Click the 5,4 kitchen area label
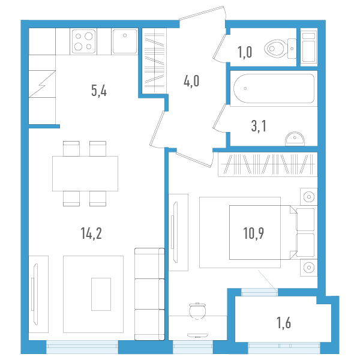pyautogui.click(x=99, y=91)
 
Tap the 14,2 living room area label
pyautogui.click(x=91, y=233)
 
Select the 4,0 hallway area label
pyautogui.click(x=191, y=81)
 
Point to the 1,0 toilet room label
pyautogui.click(x=245, y=52)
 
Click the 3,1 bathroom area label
pyautogui.click(x=259, y=126)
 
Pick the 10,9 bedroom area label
pyautogui.click(x=253, y=233)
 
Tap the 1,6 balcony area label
pyautogui.click(x=284, y=323)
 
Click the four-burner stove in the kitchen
pyautogui.click(x=83, y=41)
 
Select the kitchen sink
pyautogui.click(x=125, y=41)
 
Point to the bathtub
pyautogui.click(x=274, y=88)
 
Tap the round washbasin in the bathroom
pyautogui.click(x=295, y=139)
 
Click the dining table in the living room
pyautogui.click(x=85, y=173)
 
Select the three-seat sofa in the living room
pyautogui.click(x=149, y=294)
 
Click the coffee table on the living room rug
pyautogui.click(x=101, y=294)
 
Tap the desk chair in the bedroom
pyautogui.click(x=197, y=311)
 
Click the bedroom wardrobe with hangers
pyautogui.click(x=268, y=164)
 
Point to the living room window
pyautogui.click(x=82, y=347)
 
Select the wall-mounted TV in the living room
pyautogui.click(x=35, y=294)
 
